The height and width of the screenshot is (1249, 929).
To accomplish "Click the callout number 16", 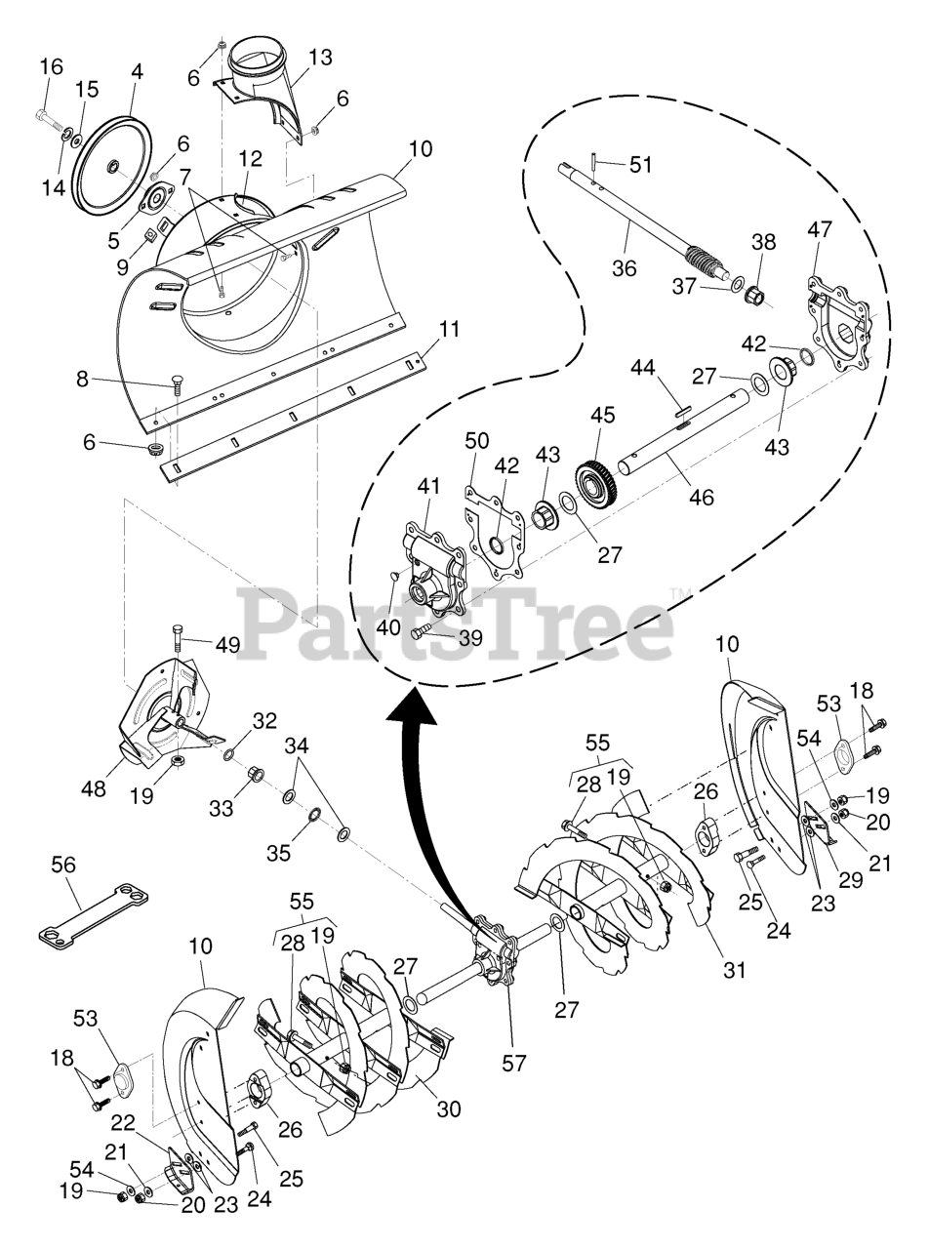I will pyautogui.click(x=51, y=67).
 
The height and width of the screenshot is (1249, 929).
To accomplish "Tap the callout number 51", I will pyautogui.click(x=640, y=165).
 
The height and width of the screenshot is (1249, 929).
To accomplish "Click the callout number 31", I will pyautogui.click(x=733, y=970).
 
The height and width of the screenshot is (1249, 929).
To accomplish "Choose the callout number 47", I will pyautogui.click(x=820, y=230).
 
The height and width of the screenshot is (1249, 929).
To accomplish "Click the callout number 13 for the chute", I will pyautogui.click(x=320, y=58).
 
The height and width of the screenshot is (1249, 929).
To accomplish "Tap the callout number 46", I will pyautogui.click(x=701, y=497).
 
